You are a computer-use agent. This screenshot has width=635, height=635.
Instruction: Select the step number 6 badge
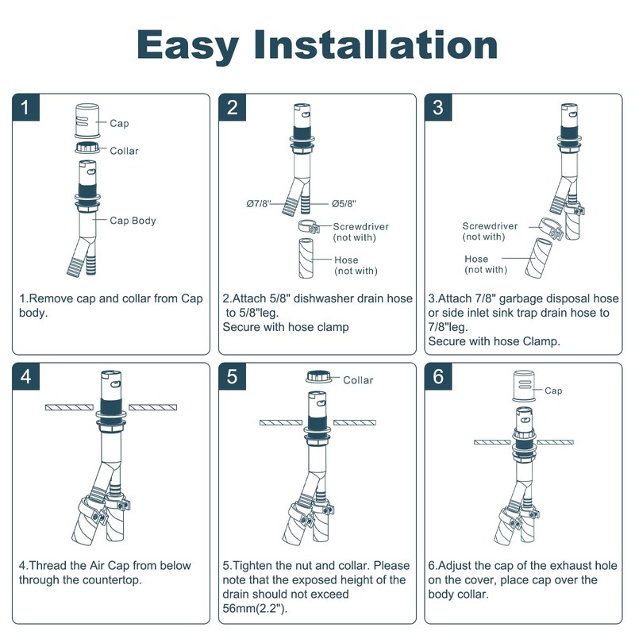coord(439,377)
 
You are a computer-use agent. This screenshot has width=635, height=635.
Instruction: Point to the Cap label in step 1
coord(119,124)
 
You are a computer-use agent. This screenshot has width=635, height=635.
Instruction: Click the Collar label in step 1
coord(124,151)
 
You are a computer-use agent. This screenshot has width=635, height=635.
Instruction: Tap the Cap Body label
coord(133,221)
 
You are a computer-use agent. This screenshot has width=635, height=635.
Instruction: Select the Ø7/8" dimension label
coord(259,204)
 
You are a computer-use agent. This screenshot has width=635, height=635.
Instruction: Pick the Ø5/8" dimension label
coord(343,204)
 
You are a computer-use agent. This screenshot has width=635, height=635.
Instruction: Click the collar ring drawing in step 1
coord(87,148)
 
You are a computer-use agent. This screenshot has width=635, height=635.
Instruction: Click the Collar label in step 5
coord(358,380)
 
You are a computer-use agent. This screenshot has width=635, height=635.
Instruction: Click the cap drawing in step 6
coord(521,387)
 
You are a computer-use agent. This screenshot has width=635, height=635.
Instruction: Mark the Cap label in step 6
coord(553,391)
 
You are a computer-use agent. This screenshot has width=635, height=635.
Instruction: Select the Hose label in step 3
coord(477,259)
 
